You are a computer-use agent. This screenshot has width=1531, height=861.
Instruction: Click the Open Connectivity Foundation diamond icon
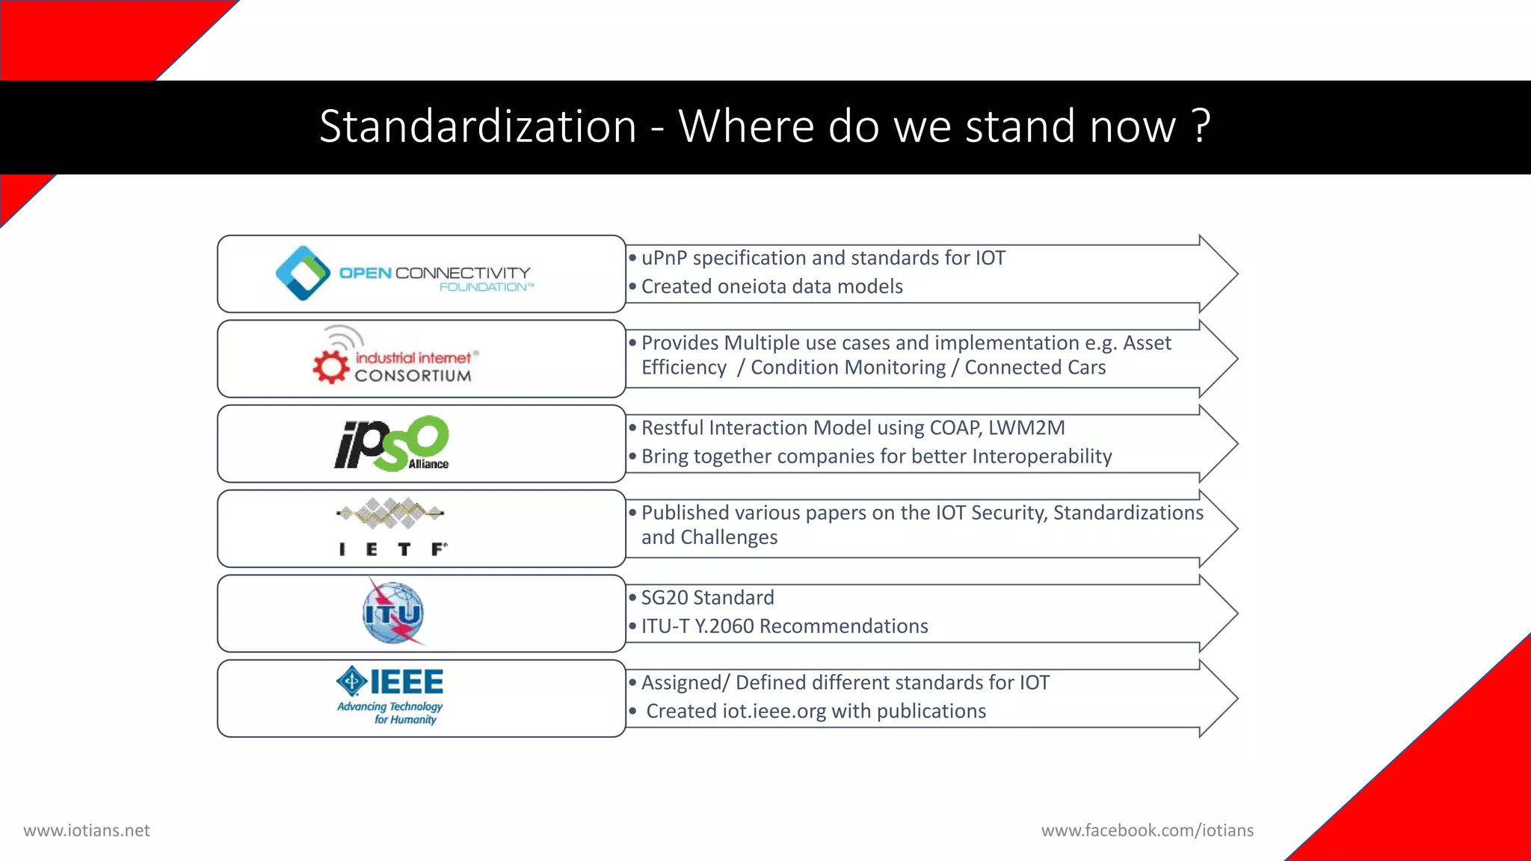point(303,274)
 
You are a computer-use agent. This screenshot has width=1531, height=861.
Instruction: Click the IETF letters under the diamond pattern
point(392,549)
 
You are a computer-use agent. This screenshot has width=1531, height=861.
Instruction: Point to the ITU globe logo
point(393,614)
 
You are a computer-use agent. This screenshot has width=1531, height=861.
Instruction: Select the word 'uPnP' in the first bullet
point(664,258)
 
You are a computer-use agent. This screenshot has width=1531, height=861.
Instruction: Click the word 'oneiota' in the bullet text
point(751,286)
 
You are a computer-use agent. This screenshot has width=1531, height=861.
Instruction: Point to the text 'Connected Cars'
point(1035,368)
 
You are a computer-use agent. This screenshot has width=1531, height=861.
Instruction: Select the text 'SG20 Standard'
point(707,597)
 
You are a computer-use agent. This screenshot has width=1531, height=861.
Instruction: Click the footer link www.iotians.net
point(87,830)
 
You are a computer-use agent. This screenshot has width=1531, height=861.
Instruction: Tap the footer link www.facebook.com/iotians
point(1147,830)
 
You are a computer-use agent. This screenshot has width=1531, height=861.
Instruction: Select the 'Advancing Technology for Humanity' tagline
point(390,713)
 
